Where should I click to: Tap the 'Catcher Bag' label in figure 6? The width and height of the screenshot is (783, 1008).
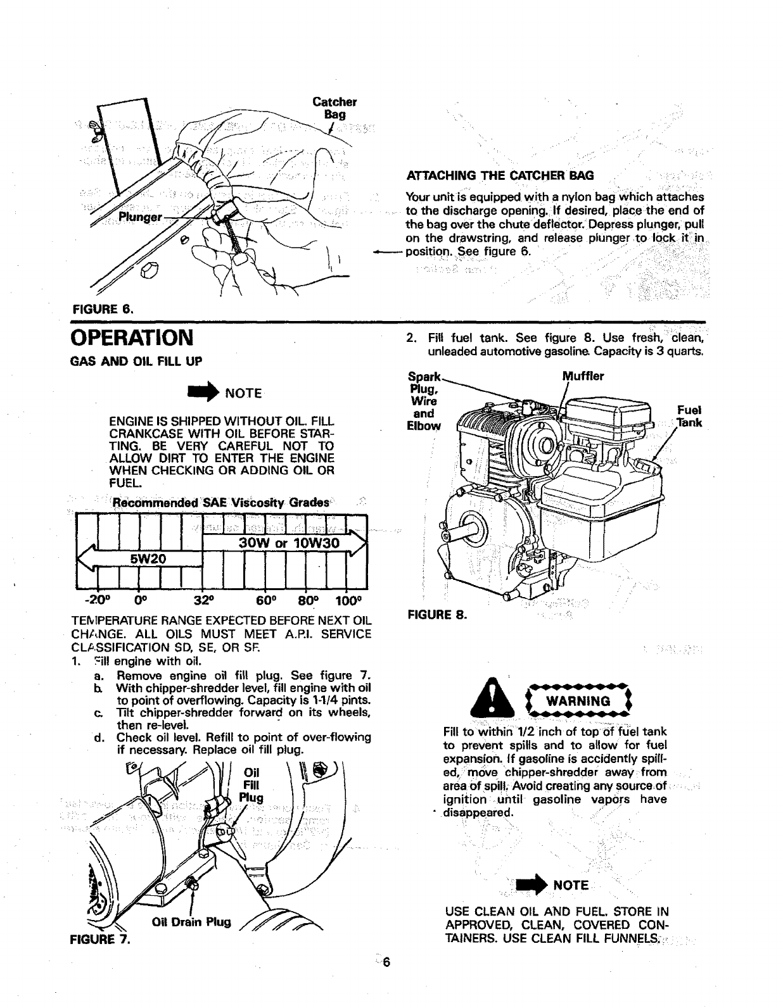point(334,108)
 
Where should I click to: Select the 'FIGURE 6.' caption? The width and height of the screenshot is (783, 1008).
point(104,309)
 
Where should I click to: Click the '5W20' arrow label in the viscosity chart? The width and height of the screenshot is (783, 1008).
point(148,558)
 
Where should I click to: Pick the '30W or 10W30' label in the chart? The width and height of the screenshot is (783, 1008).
point(289,543)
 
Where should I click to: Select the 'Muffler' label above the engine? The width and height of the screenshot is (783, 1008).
point(583,377)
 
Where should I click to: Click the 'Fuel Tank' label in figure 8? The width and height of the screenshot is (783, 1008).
point(689,416)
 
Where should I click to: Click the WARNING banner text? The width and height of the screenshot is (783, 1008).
point(578,701)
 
